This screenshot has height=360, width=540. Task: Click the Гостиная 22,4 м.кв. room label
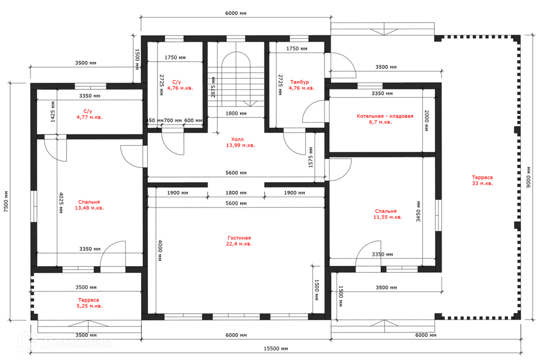coord(240,241)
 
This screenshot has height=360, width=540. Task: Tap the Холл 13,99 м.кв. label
coord(240,142)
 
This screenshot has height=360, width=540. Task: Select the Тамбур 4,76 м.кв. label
coord(301,85)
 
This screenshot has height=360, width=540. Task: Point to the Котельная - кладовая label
coord(385,116)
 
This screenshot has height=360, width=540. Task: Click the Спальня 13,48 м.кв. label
coord(89,205)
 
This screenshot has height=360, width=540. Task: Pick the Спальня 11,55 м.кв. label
coord(388,214)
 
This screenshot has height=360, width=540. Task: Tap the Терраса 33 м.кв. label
coord(482,180)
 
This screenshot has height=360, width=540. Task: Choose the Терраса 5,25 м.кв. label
coord(89,303)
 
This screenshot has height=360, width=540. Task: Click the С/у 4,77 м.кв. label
coord(89,114)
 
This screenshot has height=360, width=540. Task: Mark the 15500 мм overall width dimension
coord(276,349)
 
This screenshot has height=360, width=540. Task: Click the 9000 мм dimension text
coord(529,177)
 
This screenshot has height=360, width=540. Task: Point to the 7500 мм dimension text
coord(6,201)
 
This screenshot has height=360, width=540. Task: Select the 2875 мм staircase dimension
coord(213,87)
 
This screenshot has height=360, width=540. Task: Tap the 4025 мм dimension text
coord(61,202)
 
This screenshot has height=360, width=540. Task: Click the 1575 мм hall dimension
coord(311,157)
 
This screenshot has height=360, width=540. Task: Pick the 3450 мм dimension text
coord(418,211)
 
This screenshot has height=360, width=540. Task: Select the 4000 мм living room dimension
coord(160,250)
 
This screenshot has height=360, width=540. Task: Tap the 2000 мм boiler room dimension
coord(426,120)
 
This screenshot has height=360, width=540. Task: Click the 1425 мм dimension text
coord(53,111)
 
